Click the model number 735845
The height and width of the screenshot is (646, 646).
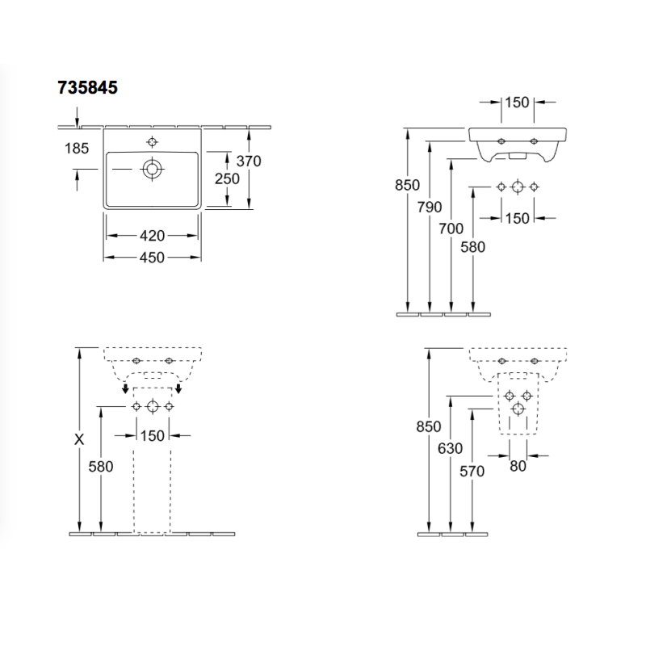coord(87,87)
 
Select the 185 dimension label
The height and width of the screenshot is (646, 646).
coord(77,149)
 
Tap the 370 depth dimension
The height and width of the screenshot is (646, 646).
coord(249,161)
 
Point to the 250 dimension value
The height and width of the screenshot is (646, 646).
coord(227,178)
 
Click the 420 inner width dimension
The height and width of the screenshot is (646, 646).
coord(152,236)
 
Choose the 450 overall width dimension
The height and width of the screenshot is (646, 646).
coord(152,258)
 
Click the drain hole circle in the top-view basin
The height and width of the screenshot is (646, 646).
coord(152,169)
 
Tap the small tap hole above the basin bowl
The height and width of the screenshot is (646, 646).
coord(152,142)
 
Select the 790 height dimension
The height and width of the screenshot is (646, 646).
coord(430,207)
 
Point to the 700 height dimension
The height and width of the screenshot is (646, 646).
coord(451,229)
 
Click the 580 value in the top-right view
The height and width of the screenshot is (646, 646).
coord(473,247)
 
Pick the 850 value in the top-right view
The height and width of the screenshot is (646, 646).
coord(408,185)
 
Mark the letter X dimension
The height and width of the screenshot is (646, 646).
coord(79,439)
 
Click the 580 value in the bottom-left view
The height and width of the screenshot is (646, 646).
coord(101,467)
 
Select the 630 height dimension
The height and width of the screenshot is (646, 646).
coord(451,448)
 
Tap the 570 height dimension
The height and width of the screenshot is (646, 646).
coord(472,471)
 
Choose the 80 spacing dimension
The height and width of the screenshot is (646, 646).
coord(518,466)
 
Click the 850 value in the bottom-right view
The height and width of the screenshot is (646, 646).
coord(429,426)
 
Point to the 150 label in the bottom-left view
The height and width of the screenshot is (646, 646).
coord(153,436)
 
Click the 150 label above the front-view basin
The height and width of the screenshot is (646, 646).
coord(517,103)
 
